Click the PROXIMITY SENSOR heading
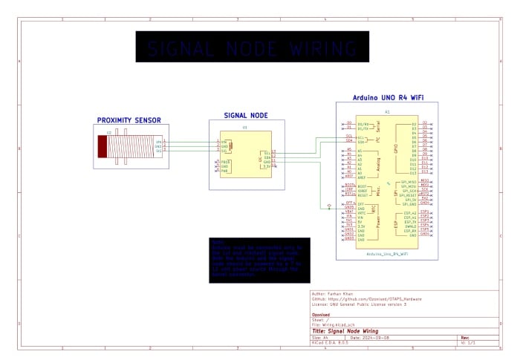click(x=129, y=120)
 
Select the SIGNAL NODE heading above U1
click(x=246, y=116)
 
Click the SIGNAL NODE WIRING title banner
click(x=252, y=48)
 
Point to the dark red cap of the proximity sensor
click(x=102, y=145)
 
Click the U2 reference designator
click(x=109, y=132)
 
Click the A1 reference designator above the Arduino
click(x=386, y=112)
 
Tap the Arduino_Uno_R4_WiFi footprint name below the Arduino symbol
click(x=386, y=253)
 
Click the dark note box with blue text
click(x=259, y=260)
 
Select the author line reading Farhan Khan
click(x=334, y=294)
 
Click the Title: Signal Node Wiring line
click(x=345, y=331)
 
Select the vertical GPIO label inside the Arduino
click(x=396, y=148)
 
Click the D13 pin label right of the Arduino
click(x=424, y=172)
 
